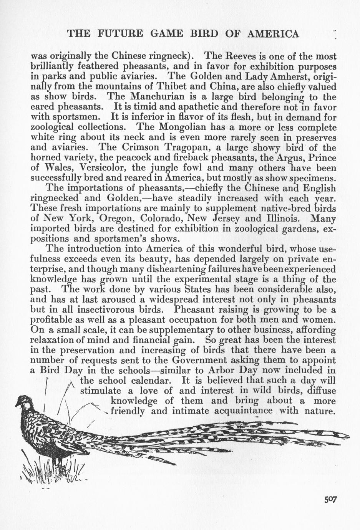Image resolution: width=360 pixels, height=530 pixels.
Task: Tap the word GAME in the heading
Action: (167, 34)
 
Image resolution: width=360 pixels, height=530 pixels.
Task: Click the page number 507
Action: (330, 499)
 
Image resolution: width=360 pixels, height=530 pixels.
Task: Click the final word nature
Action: (320, 411)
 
